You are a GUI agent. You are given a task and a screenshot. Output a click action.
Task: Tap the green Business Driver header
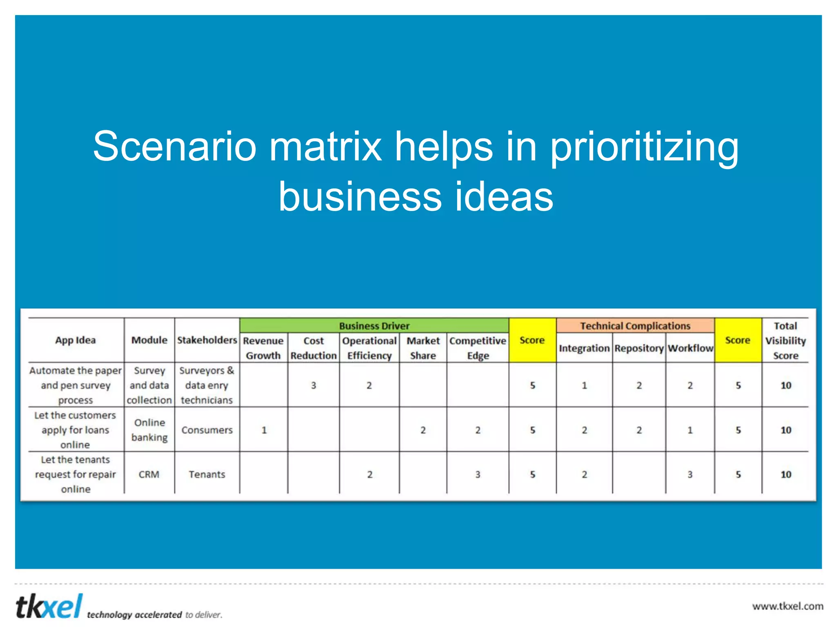(x=374, y=326)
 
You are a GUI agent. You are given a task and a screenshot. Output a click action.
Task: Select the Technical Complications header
(x=635, y=326)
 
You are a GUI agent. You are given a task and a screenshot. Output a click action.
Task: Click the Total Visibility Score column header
(x=785, y=340)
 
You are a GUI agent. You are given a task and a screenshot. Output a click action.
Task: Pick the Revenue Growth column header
(x=263, y=348)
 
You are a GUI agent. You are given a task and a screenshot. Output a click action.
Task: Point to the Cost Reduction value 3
(x=313, y=385)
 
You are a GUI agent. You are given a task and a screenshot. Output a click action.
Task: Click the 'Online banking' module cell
(x=149, y=430)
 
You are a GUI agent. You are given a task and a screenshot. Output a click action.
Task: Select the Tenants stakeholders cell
(x=207, y=474)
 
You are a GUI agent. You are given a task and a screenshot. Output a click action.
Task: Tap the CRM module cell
(x=149, y=474)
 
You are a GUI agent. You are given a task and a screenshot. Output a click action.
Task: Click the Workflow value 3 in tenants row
(x=689, y=474)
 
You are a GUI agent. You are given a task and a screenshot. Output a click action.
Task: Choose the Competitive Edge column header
(x=478, y=348)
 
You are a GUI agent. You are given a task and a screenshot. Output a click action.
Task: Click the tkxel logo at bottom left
(x=49, y=607)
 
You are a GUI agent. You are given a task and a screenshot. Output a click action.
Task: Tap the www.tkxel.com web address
(x=787, y=606)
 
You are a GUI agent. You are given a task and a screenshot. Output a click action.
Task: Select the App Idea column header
(x=76, y=340)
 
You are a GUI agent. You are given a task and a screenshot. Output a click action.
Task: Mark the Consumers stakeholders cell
(x=207, y=430)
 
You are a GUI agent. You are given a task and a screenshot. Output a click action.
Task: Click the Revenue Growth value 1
(x=264, y=430)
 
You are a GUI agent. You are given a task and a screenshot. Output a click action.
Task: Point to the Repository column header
(x=638, y=348)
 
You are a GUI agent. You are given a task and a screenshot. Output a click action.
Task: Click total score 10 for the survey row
(x=785, y=385)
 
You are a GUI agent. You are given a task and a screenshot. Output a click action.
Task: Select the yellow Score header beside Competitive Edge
(x=532, y=340)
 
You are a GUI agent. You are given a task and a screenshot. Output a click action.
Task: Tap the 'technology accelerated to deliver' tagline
(x=154, y=615)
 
